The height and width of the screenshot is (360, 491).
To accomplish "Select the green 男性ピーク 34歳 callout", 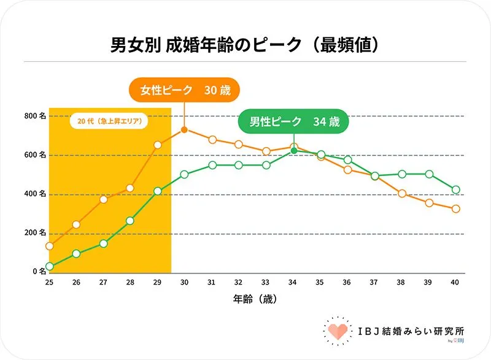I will pyautogui.click(x=293, y=121).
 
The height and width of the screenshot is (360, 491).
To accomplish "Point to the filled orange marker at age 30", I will pyautogui.click(x=184, y=129).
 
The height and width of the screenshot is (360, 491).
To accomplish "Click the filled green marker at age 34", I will pyautogui.click(x=293, y=150).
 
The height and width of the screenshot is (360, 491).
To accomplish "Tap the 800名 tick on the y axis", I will pyautogui.click(x=35, y=115).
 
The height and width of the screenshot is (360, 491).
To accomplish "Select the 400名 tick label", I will pyautogui.click(x=35, y=194).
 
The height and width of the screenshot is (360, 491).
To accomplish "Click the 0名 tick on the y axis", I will pyautogui.click(x=38, y=270).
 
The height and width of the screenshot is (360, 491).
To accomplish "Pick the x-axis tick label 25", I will pyautogui.click(x=49, y=282).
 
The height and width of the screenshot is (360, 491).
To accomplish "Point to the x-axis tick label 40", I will pyautogui.click(x=455, y=282).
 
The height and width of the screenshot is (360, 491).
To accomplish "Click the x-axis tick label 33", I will pyautogui.click(x=266, y=282).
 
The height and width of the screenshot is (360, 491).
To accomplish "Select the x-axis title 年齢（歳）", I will pyautogui.click(x=252, y=300).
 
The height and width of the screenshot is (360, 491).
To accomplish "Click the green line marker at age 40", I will pyautogui.click(x=455, y=190).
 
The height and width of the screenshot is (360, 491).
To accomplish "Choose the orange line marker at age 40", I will pyautogui.click(x=455, y=209).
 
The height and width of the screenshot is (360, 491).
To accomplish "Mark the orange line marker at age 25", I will pyautogui.click(x=50, y=246).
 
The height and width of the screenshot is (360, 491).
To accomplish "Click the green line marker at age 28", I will pyautogui.click(x=130, y=221).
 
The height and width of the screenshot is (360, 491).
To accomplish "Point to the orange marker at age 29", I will pyautogui.click(x=158, y=145).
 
